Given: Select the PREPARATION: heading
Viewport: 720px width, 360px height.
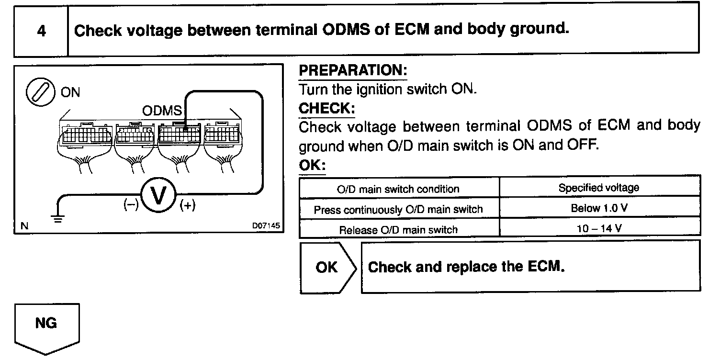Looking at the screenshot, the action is [352, 71].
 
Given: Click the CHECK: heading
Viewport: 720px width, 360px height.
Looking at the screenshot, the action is [326, 108].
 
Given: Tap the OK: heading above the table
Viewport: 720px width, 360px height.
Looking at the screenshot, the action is [312, 166].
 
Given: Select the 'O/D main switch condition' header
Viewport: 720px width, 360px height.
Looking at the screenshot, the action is [398, 189].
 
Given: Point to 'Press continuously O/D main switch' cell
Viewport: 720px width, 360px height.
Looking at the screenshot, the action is [398, 209].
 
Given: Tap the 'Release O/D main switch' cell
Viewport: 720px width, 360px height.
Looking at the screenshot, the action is [398, 230].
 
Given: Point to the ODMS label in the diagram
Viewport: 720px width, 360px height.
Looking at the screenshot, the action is [162, 111].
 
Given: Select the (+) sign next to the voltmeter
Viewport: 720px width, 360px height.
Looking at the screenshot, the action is [188, 206].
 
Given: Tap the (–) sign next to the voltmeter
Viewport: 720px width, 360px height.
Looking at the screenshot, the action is [130, 205].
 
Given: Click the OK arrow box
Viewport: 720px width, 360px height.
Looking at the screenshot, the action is [328, 267].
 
